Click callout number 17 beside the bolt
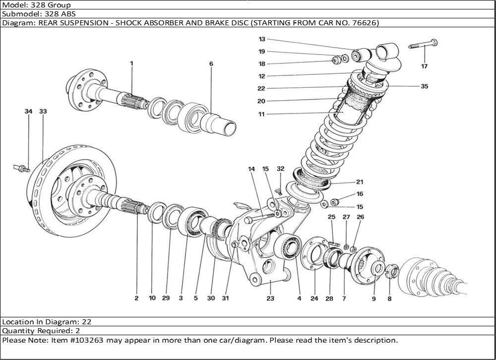click(424, 66)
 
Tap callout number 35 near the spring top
click(424, 86)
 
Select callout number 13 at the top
click(262, 39)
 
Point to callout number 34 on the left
click(29, 112)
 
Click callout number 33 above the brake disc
click(43, 112)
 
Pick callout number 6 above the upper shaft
click(211, 64)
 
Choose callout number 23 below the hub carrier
click(270, 299)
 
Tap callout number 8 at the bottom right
click(389, 299)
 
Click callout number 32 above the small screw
click(280, 169)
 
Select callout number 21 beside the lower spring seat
click(359, 181)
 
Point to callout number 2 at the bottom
click(136, 299)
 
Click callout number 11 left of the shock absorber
click(261, 114)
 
